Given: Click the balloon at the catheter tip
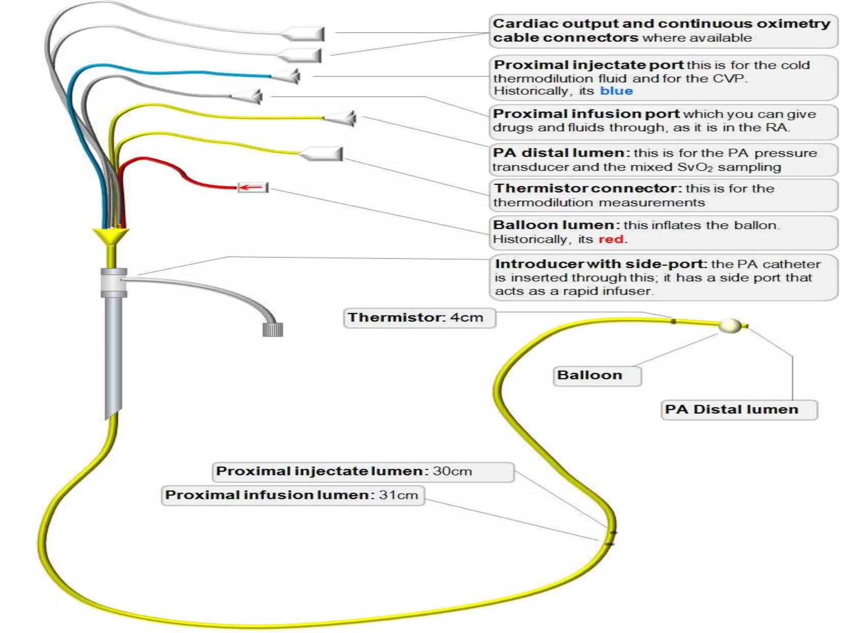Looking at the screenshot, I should point(730,326).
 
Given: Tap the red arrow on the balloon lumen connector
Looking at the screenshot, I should point(251,188).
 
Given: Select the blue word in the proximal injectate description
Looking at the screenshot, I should point(616,91).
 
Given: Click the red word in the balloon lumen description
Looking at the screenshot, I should point(612,239).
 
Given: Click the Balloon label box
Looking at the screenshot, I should point(596,375).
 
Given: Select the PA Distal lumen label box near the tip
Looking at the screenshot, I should point(738,410).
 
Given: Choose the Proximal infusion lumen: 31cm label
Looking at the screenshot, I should point(292,495).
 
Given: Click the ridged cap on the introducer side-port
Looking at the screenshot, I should point(272,330).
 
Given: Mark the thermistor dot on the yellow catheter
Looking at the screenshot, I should point(673,321).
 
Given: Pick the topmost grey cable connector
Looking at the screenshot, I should point(305,34).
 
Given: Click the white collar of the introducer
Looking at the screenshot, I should point(114,282).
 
